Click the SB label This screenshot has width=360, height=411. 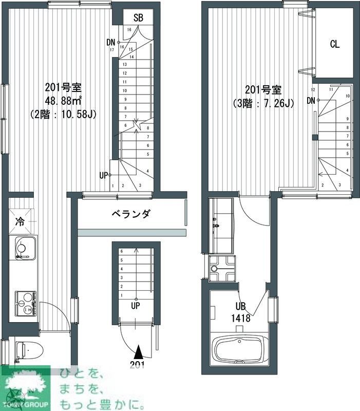pyautogui.click(x=138, y=18)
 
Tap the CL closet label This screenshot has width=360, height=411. pyautogui.click(x=334, y=44)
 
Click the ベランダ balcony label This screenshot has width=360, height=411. pyautogui.click(x=130, y=214)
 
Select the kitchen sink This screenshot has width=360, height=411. pyautogui.click(x=22, y=249)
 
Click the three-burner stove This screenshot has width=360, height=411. pyautogui.click(x=25, y=303)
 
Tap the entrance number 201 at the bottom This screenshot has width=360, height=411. pyautogui.click(x=137, y=365)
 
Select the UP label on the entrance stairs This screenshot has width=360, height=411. pyautogui.click(x=136, y=306)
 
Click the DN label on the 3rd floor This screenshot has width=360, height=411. pyautogui.click(x=311, y=100)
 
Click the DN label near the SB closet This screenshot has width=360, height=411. pyautogui.click(x=111, y=42)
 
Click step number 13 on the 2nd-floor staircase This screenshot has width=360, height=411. pyautogui.click(x=124, y=65)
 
